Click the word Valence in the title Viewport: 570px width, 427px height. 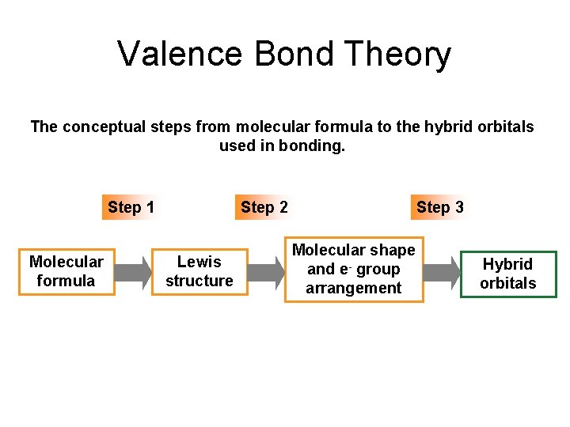[x=180, y=55]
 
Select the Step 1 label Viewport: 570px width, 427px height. [x=131, y=208]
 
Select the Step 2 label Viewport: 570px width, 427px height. [x=264, y=208]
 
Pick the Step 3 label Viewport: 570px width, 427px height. [x=440, y=208]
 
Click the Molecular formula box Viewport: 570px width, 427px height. [x=66, y=271]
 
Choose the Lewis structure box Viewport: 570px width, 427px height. [x=199, y=271]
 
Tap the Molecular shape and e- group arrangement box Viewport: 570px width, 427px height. [x=354, y=270]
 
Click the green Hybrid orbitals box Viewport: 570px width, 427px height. [x=508, y=274]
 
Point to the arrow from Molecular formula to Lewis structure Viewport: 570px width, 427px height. [x=133, y=272]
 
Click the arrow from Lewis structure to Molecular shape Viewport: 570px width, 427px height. [x=265, y=272]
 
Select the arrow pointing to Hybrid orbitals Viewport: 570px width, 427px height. [x=441, y=272]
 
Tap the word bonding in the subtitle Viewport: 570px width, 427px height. [x=317, y=145]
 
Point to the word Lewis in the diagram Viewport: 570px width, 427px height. [x=199, y=262]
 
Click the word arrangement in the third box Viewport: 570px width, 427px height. [x=354, y=289]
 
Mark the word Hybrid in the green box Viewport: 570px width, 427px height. [x=508, y=264]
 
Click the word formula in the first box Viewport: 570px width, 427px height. [x=66, y=281]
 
